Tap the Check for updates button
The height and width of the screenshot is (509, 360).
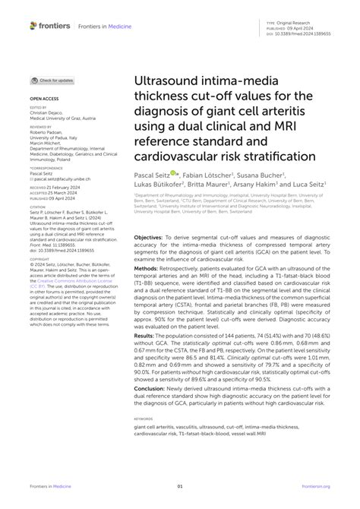coord(52,80)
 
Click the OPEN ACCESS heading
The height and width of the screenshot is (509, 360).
coord(44,99)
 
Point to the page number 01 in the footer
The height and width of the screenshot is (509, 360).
coord(180,487)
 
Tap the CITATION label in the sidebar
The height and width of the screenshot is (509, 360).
coord(38,207)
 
